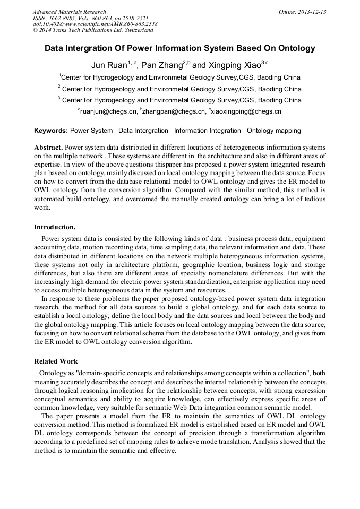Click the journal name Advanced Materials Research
(x=69, y=12)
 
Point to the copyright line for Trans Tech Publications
(x=93, y=31)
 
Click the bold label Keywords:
(x=51, y=131)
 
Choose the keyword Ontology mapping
(x=273, y=131)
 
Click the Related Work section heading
(x=56, y=361)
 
